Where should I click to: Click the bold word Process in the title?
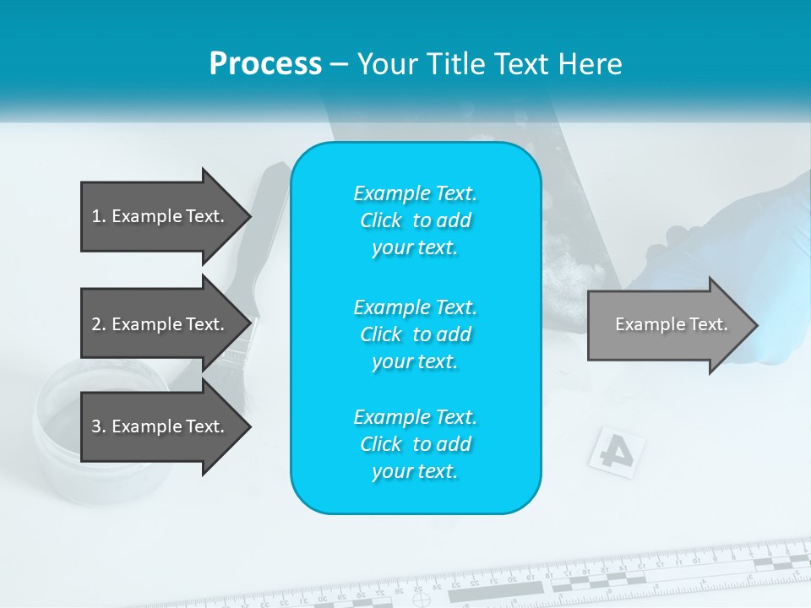pyautogui.click(x=265, y=64)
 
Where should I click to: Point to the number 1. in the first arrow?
pyautogui.click(x=98, y=216)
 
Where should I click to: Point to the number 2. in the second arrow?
pyautogui.click(x=98, y=324)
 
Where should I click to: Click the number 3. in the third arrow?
pyautogui.click(x=98, y=426)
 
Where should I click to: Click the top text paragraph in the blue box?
pyautogui.click(x=415, y=220)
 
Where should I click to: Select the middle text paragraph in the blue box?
pyautogui.click(x=415, y=334)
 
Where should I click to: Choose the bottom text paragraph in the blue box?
pyautogui.click(x=415, y=444)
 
